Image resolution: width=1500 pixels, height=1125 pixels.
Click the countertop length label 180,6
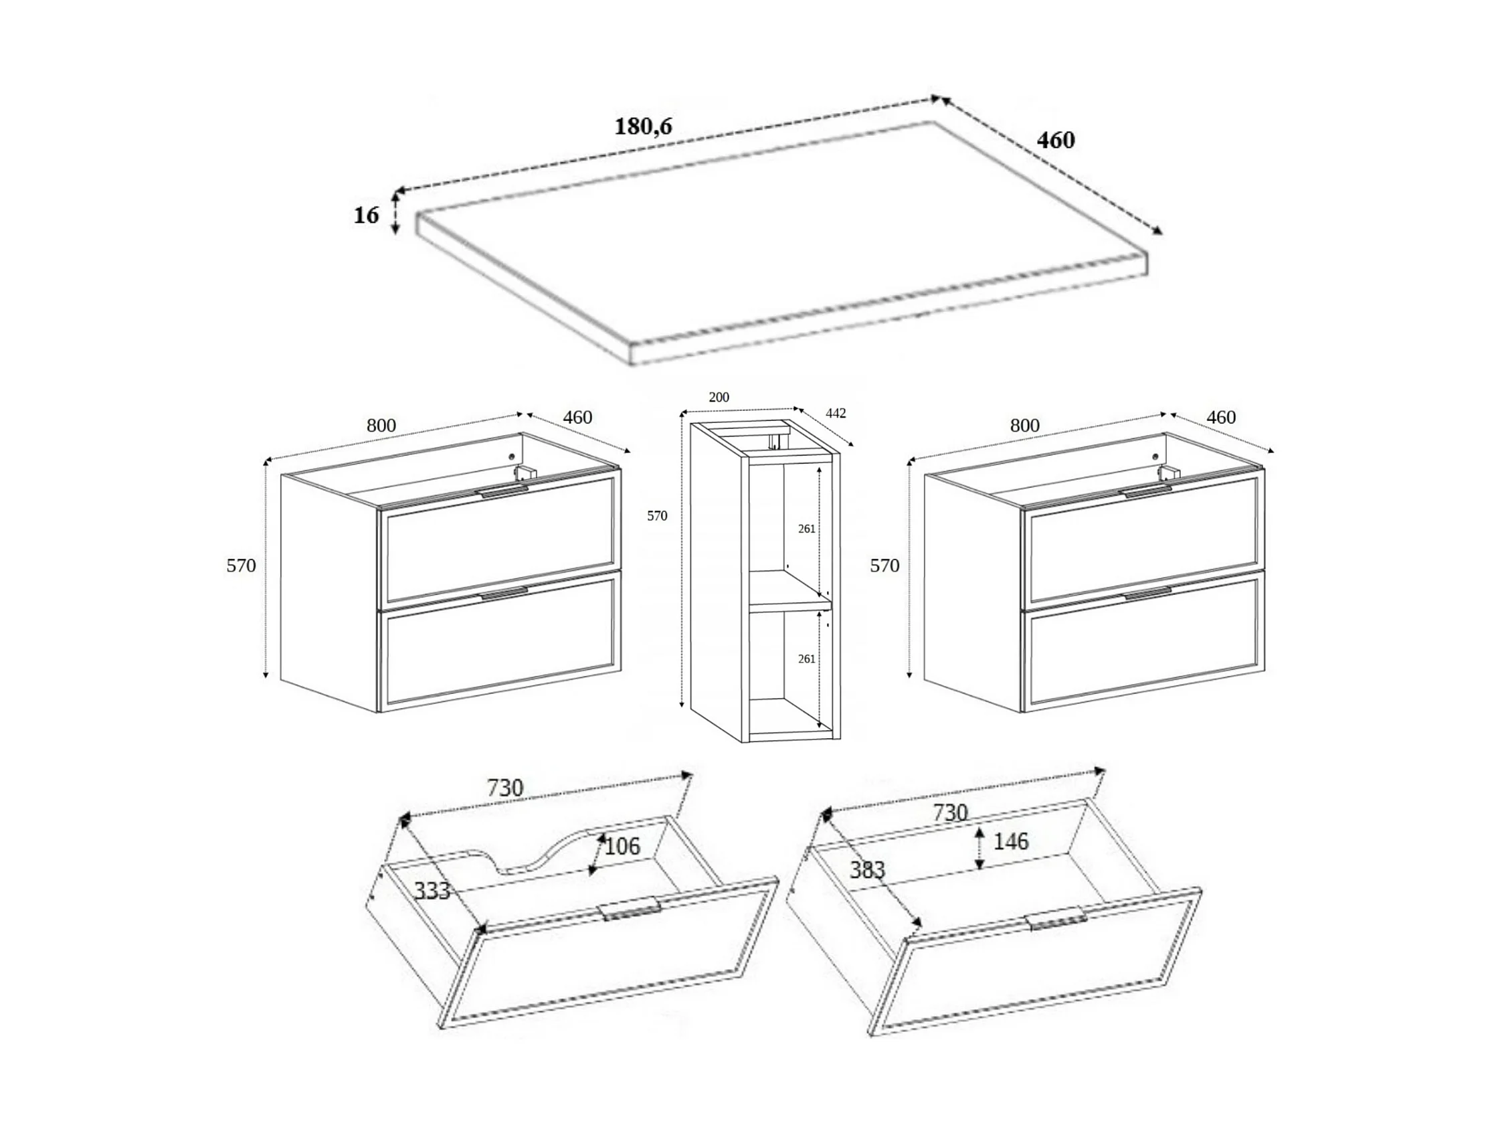[x=643, y=126]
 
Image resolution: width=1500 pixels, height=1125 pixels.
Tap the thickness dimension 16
[x=366, y=215]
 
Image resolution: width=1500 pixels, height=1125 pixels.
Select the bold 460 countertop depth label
[x=1056, y=140]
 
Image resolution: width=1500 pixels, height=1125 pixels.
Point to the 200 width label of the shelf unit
[x=719, y=398]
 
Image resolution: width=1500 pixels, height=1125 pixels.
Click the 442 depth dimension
[x=836, y=413]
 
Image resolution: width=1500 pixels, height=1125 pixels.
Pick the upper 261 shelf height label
[x=806, y=529]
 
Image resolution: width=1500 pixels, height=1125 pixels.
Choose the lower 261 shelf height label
[x=806, y=659]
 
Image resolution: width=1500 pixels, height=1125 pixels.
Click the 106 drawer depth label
[x=622, y=846]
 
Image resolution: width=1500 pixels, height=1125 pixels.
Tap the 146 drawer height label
[x=1010, y=841]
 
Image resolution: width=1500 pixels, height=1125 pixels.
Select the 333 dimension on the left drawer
[x=432, y=890]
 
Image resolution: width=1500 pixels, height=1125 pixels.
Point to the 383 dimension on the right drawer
[x=867, y=869]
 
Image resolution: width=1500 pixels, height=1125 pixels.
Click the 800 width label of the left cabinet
[x=381, y=426]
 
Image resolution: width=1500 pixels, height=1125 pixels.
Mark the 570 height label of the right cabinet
[x=884, y=566]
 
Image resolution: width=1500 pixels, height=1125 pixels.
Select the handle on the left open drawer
[x=631, y=909]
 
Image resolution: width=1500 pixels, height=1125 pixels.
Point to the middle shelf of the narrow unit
[x=789, y=590]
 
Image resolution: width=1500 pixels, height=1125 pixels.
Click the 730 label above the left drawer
[x=505, y=788]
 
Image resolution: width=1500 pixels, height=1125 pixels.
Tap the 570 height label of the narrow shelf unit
[x=656, y=516]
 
